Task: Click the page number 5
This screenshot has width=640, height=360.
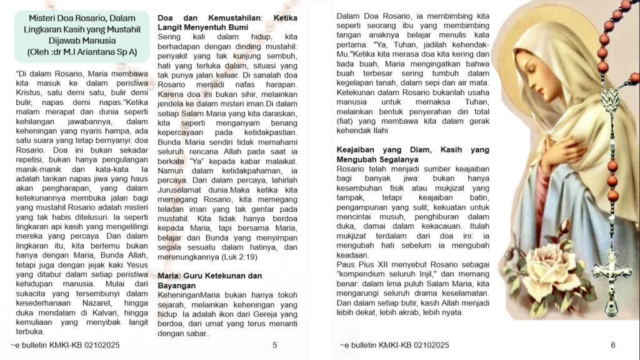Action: [275, 345]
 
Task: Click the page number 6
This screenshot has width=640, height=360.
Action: [613, 345]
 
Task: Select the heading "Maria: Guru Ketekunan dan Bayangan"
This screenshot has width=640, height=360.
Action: [209, 280]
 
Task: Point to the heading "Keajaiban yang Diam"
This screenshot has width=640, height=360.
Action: [377, 150]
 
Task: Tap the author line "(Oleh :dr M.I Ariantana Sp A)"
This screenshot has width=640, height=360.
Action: [82, 52]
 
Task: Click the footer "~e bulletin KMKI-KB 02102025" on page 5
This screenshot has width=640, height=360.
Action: [65, 345]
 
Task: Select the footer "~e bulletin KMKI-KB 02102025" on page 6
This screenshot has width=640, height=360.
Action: [394, 345]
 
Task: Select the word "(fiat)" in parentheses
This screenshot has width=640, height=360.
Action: [345, 121]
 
